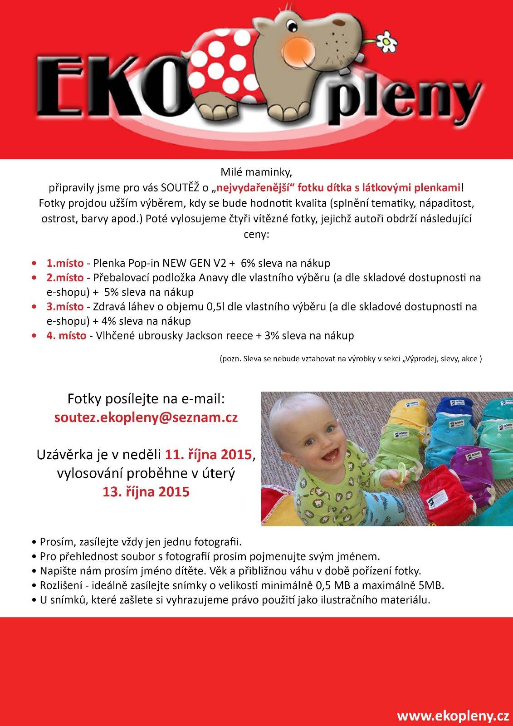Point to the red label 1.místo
[64, 263]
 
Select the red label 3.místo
[65, 307]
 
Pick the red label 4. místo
[66, 336]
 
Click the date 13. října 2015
[146, 492]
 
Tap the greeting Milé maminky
[257, 173]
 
